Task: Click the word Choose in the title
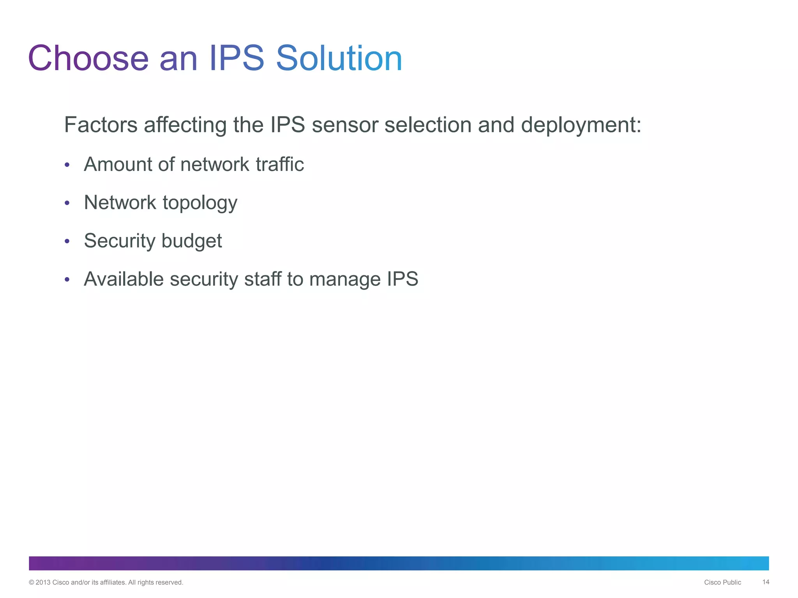point(88,58)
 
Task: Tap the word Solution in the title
point(339,58)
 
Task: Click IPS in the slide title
point(237,58)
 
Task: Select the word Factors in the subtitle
point(101,125)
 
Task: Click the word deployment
point(581,126)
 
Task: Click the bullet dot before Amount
point(67,165)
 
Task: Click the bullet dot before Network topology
point(67,203)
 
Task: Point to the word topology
point(200,203)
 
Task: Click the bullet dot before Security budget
point(67,241)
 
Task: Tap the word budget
point(192,241)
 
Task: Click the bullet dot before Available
point(67,280)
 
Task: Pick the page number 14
point(766,582)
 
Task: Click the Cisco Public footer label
point(722,582)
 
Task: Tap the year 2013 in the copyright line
point(43,582)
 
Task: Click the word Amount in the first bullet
point(118,164)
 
